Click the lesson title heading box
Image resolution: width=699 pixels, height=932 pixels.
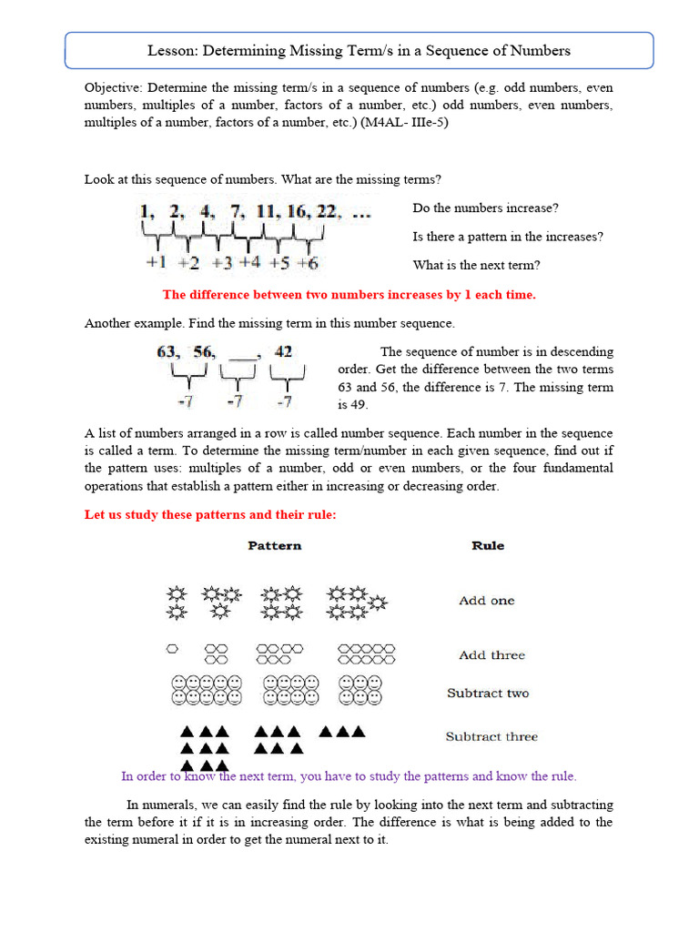(359, 51)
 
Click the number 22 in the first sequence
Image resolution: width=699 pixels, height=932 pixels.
(326, 212)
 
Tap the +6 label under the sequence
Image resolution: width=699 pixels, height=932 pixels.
(308, 264)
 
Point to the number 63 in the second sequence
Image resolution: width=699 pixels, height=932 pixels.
(168, 352)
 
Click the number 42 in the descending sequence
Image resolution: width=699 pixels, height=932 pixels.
(284, 352)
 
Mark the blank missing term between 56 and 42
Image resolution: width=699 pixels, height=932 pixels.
(243, 355)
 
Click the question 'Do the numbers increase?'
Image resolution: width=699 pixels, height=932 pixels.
(485, 208)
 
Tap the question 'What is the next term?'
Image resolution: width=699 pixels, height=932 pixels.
(476, 266)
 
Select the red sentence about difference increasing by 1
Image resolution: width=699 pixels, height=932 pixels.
(349, 295)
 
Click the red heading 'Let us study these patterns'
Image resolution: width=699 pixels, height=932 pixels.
(210, 515)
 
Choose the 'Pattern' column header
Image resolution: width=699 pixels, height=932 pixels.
(275, 546)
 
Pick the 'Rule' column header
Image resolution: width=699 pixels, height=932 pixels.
(488, 546)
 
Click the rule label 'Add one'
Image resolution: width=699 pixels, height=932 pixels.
(486, 601)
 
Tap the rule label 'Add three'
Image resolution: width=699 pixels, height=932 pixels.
(491, 655)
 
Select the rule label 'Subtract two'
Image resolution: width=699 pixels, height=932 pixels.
(488, 694)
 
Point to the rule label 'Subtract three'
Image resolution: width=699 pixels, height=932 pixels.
(491, 737)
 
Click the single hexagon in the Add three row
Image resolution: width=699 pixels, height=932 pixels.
(171, 649)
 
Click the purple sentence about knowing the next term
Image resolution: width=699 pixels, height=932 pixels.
(349, 776)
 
